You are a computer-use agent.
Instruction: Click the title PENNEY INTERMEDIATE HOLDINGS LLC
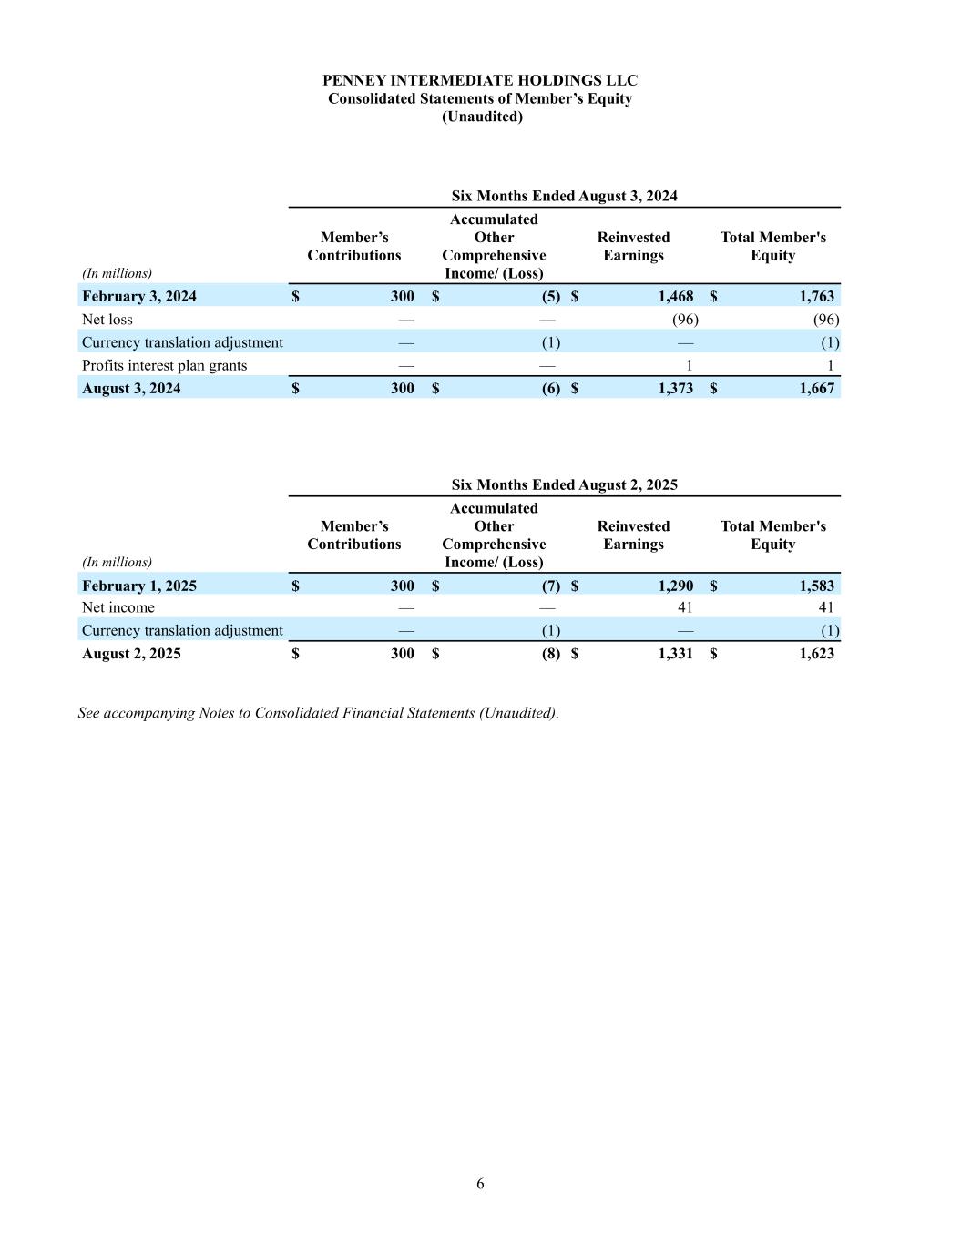pyautogui.click(x=480, y=81)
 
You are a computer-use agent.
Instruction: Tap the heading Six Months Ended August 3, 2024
pyautogui.click(x=564, y=196)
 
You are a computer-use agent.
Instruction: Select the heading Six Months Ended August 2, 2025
pyautogui.click(x=564, y=484)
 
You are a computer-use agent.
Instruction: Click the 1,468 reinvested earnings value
pyautogui.click(x=675, y=296)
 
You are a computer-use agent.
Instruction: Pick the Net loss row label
pyautogui.click(x=107, y=320)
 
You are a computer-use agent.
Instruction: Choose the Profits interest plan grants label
pyautogui.click(x=164, y=365)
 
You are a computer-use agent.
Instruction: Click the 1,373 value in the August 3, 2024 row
pyautogui.click(x=675, y=388)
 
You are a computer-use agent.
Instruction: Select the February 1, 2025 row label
pyautogui.click(x=139, y=586)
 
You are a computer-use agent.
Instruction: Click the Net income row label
pyautogui.click(x=118, y=607)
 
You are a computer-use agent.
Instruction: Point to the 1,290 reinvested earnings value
pyautogui.click(x=675, y=586)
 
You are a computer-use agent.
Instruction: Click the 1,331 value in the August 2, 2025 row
pyautogui.click(x=675, y=653)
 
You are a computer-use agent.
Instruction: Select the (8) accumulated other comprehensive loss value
pyautogui.click(x=551, y=653)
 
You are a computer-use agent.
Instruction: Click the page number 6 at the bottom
pyautogui.click(x=480, y=1184)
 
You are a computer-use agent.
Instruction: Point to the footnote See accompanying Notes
pyautogui.click(x=318, y=712)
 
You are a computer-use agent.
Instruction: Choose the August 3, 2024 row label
pyautogui.click(x=131, y=388)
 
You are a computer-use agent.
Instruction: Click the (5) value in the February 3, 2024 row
pyautogui.click(x=551, y=296)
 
